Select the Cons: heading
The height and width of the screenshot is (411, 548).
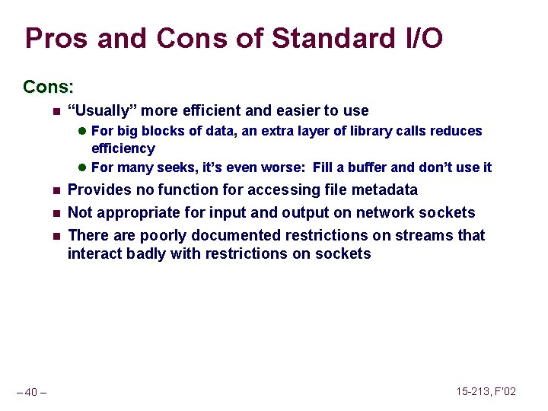point(47,87)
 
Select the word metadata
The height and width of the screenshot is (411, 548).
point(384,190)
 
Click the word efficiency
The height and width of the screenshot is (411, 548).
point(123,149)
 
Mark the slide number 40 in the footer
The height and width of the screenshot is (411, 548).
point(31,393)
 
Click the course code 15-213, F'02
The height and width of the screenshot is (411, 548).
point(486,391)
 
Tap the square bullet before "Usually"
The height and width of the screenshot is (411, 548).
point(55,111)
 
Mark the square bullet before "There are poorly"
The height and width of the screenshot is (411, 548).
point(55,236)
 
